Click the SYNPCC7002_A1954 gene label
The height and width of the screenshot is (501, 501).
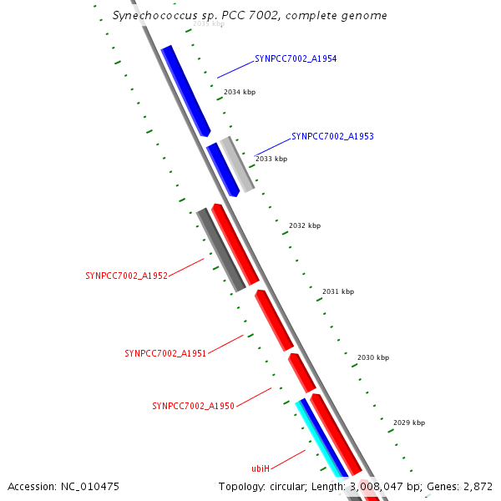click(x=296, y=58)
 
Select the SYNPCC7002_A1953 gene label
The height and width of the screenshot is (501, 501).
click(x=332, y=136)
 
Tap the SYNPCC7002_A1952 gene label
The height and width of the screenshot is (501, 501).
click(x=127, y=275)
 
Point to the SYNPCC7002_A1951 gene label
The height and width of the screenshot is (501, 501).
click(x=165, y=353)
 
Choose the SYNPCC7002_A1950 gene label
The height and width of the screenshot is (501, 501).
click(x=193, y=406)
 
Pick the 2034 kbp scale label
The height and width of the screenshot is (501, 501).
click(x=239, y=92)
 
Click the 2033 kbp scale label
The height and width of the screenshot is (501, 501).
click(x=271, y=159)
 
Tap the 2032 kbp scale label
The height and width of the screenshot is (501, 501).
click(x=305, y=225)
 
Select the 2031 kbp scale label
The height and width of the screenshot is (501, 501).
click(x=338, y=292)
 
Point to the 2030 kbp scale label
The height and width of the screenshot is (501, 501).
click(x=373, y=357)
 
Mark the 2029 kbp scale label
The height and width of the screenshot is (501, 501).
click(x=409, y=423)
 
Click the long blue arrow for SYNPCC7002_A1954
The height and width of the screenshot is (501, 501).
click(x=185, y=90)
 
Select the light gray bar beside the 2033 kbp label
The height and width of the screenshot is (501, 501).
click(x=238, y=164)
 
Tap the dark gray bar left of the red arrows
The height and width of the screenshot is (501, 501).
click(x=220, y=250)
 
